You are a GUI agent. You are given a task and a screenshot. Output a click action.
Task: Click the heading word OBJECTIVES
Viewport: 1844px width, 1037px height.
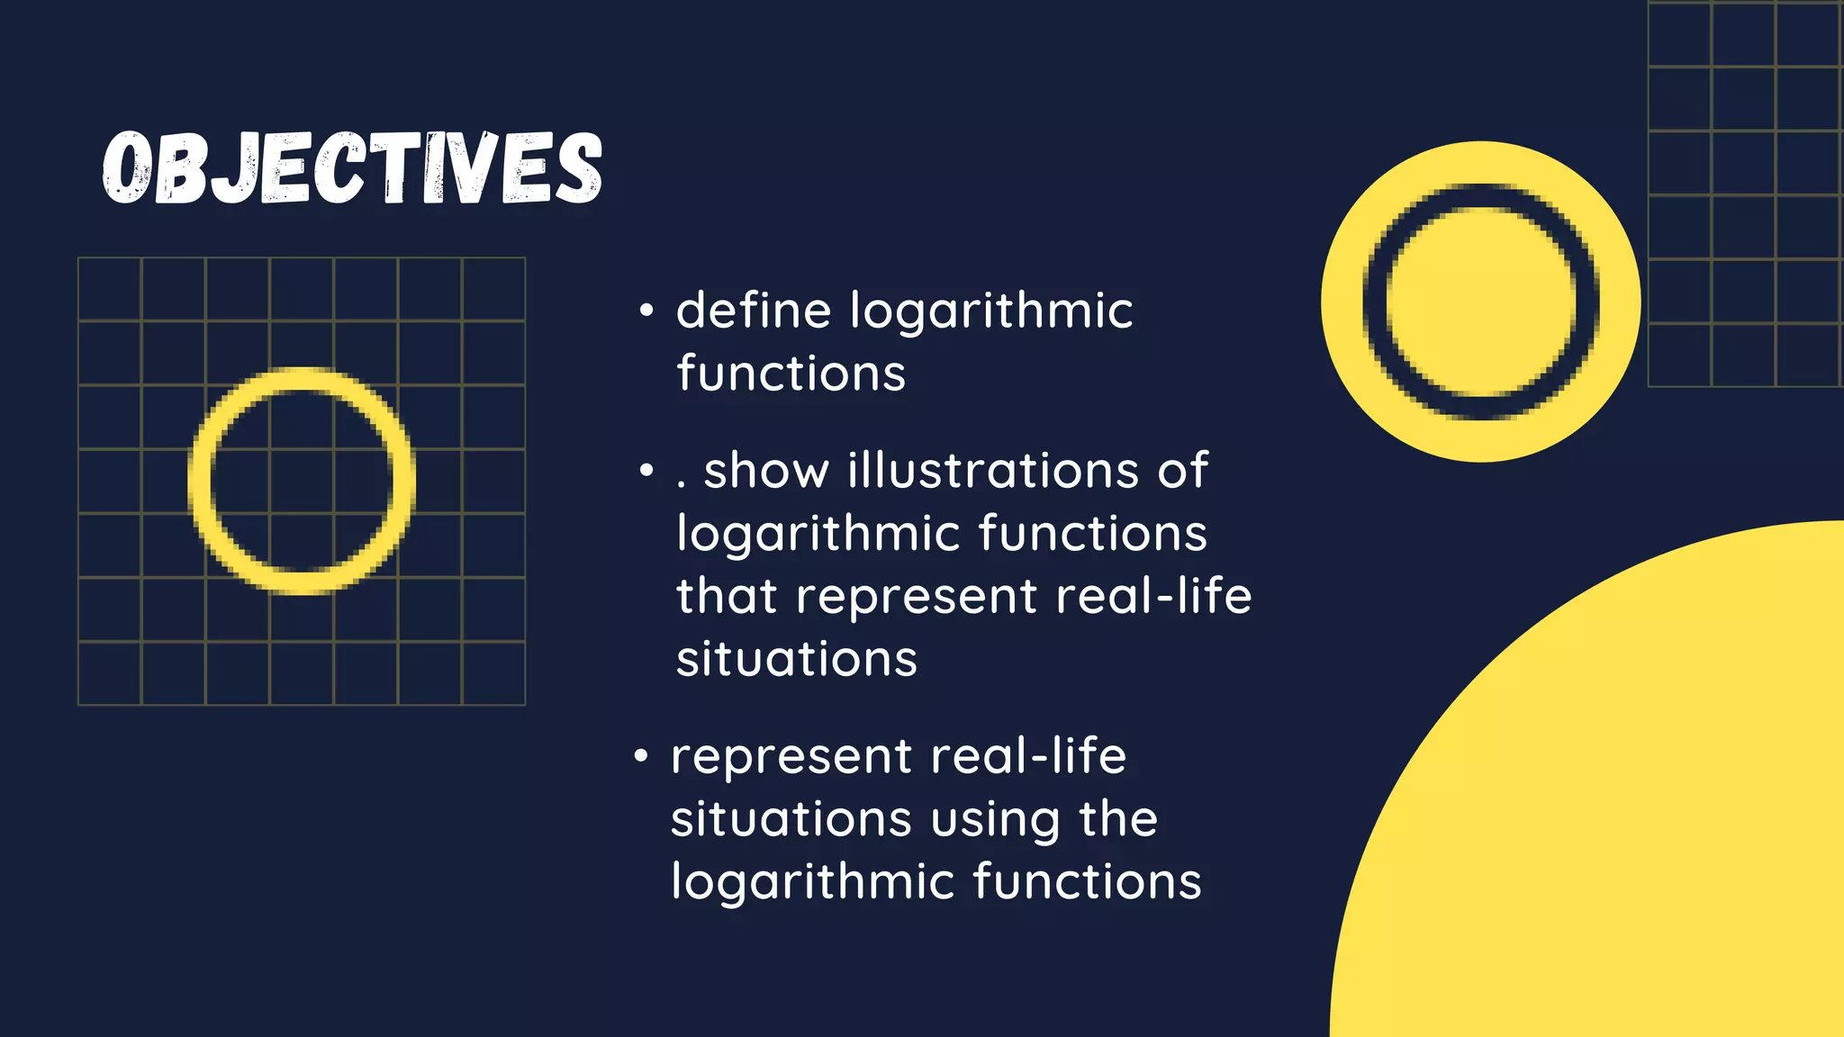352,167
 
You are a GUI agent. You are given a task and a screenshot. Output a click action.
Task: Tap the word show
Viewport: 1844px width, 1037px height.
765,471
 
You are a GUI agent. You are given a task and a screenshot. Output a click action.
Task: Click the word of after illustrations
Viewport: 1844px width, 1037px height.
1182,471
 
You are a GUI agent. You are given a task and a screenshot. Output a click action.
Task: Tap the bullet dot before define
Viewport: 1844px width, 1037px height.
646,311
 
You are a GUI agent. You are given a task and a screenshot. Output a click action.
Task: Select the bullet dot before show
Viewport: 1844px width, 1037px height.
646,471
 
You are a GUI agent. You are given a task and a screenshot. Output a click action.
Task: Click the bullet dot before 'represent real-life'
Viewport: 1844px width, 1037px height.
640,756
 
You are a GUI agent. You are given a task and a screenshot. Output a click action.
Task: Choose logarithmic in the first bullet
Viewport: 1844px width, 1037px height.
990,312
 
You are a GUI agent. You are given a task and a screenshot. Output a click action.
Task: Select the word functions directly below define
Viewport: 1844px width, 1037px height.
791,374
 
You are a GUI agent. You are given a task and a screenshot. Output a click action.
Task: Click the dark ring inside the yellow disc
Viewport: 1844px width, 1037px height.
1376,302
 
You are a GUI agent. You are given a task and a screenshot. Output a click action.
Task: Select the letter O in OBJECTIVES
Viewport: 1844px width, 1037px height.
126,168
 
